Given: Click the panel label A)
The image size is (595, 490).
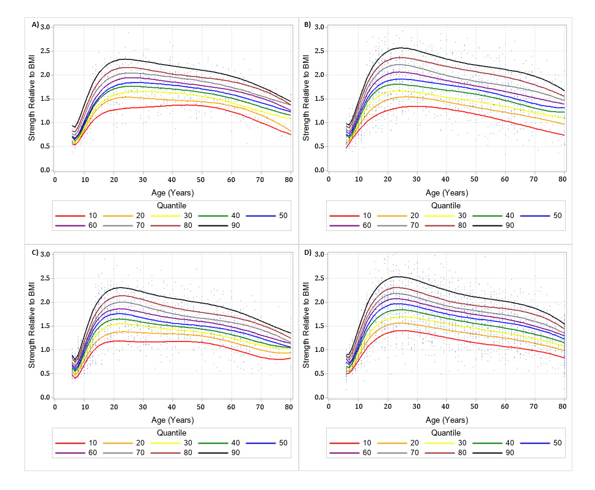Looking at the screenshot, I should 35,25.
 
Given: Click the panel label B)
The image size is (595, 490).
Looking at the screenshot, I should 307,25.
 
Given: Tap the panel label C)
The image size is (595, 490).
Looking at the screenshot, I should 35,252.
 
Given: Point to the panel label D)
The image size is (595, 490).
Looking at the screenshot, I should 308,252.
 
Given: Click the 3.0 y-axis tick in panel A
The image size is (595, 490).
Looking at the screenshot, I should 45,27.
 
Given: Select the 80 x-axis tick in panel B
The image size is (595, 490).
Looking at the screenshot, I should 563,180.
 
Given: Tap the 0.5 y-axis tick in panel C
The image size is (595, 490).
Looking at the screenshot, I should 45,373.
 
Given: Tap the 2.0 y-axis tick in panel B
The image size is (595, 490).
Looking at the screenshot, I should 319,75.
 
